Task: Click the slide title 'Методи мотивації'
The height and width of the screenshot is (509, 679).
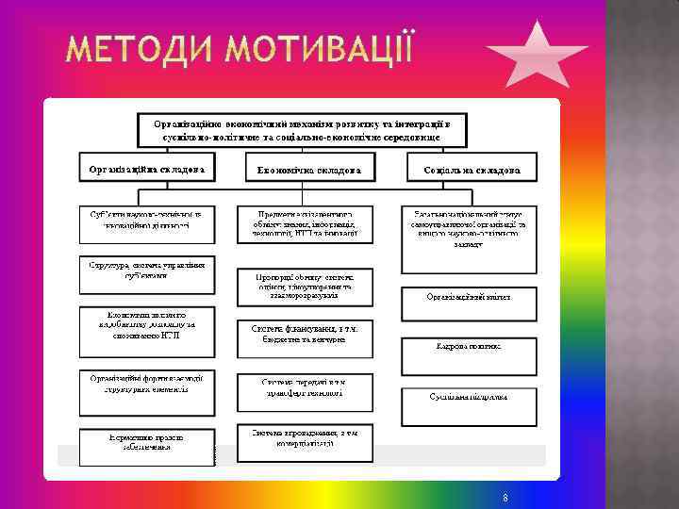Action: (240, 47)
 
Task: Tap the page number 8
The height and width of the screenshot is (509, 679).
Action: (506, 497)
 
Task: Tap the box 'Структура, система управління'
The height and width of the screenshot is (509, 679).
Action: (146, 270)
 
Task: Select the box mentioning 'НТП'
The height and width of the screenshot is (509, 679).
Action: (146, 323)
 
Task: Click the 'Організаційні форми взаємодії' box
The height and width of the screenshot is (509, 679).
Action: (146, 383)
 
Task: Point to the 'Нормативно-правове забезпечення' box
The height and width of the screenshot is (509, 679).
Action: (146, 443)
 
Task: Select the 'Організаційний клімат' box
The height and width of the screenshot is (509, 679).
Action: (469, 296)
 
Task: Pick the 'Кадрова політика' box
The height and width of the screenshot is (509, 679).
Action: (469, 346)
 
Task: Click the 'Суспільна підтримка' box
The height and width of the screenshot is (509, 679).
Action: (470, 397)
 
